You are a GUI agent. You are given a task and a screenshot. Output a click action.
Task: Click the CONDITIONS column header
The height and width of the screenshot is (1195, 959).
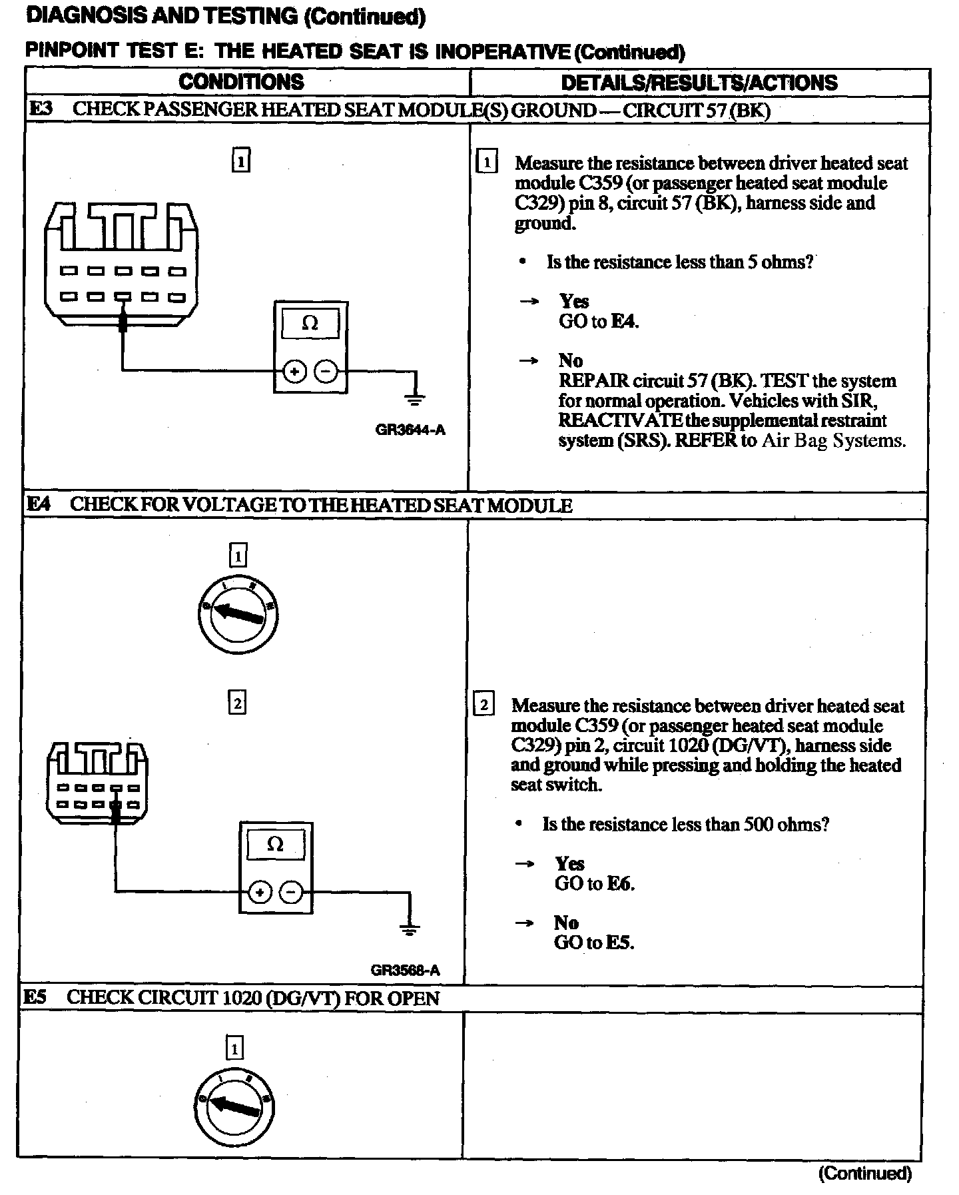tap(241, 83)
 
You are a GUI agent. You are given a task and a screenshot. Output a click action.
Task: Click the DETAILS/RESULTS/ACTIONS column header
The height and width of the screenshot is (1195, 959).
tap(699, 83)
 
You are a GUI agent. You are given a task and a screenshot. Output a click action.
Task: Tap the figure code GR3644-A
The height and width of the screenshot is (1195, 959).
tap(410, 430)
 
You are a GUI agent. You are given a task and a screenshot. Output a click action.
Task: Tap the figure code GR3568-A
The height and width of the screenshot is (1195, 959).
tap(406, 970)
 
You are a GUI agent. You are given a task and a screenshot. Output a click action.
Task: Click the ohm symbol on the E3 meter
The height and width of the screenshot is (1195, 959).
tap(310, 324)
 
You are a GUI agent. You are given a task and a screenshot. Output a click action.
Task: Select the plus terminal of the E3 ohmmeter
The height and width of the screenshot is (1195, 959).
tap(294, 371)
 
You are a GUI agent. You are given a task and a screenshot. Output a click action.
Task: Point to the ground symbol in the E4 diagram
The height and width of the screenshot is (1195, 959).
tap(410, 927)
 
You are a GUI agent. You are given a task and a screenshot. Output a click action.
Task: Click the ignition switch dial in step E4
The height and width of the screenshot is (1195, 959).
tap(238, 615)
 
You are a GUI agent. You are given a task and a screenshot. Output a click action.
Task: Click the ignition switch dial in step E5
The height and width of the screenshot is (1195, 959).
tap(234, 1108)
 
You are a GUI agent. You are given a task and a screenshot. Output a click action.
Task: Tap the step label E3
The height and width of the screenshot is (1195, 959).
tap(41, 109)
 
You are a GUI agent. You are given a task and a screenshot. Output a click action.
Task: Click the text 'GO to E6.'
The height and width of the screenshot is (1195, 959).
tap(594, 884)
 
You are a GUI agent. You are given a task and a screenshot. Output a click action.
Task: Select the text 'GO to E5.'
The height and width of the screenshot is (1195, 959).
tap(594, 943)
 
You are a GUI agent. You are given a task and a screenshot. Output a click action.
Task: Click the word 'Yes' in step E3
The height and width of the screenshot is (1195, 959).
tap(573, 301)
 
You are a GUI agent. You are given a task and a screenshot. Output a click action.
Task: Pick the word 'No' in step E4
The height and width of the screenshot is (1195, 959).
tap(566, 923)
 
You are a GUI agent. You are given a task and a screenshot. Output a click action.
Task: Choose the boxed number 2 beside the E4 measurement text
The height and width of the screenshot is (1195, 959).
tap(483, 705)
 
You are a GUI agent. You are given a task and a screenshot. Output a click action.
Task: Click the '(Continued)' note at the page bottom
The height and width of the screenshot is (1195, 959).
tap(864, 1173)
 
